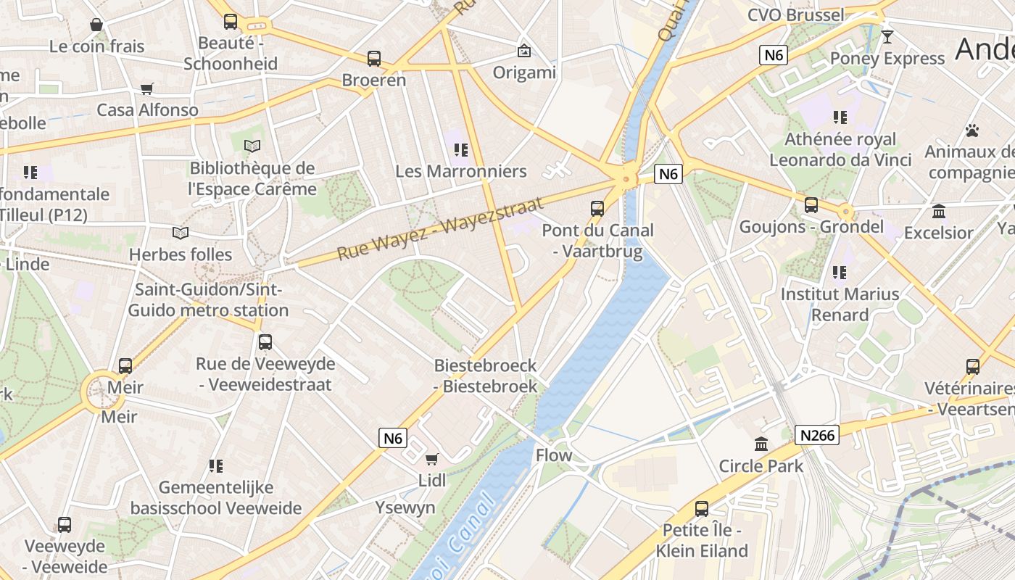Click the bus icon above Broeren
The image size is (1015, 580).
point(374,59)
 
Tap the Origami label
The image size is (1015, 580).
point(524,72)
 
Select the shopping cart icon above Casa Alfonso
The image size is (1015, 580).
point(147,89)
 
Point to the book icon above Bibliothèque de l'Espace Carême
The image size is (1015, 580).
point(252,146)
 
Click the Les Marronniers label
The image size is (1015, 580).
point(461,171)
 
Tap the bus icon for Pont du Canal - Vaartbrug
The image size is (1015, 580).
point(597,209)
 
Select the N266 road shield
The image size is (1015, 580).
point(817,435)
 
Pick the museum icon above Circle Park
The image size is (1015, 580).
point(761,444)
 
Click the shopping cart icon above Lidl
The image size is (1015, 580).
point(432,459)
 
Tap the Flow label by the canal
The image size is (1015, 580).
point(554,455)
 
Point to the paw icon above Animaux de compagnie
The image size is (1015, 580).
point(972,130)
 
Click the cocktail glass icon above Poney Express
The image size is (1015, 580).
point(887,36)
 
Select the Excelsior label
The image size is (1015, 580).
point(939,233)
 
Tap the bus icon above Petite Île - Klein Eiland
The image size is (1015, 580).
point(702,509)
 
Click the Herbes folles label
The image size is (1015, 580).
point(181,254)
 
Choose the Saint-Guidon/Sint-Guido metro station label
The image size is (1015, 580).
point(208,300)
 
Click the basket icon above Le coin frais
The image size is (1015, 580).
point(96,25)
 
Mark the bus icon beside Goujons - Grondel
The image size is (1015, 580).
point(811,205)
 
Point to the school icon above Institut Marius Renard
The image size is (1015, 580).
point(840,273)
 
